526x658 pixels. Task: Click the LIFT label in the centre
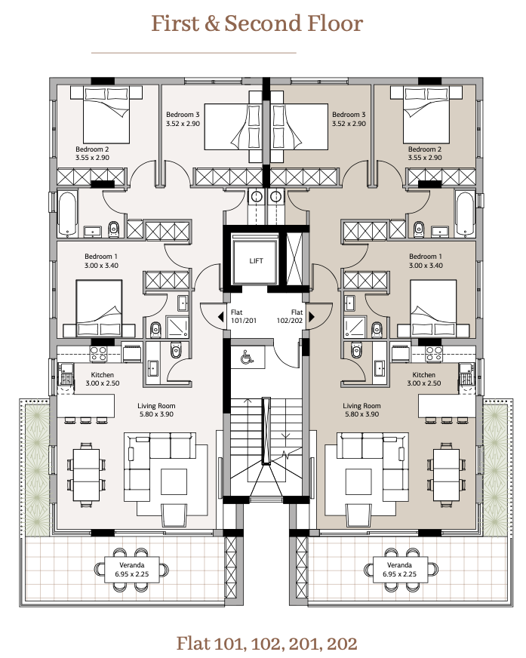point(256,260)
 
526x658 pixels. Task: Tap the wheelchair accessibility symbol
point(247,357)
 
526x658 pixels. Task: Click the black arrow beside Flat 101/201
point(221,317)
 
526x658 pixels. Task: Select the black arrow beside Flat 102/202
point(312,317)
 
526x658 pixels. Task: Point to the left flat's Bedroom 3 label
point(183,115)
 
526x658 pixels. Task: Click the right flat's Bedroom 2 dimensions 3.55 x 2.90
point(425,158)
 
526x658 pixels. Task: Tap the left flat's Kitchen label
point(103,375)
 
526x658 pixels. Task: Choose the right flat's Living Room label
point(362,406)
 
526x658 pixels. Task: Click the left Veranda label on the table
point(132,565)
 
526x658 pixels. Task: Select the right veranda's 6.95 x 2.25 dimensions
point(400,574)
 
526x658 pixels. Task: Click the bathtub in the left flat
point(68,214)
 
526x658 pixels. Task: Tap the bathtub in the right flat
point(465,214)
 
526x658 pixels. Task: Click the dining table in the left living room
point(86,475)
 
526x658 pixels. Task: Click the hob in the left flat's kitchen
point(99,355)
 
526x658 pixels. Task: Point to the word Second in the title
point(263,23)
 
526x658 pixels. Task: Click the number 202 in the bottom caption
point(342,644)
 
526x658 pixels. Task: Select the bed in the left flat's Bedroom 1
point(99,309)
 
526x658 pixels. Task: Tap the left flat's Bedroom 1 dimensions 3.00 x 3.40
point(101,266)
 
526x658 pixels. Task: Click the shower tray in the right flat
point(355,327)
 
